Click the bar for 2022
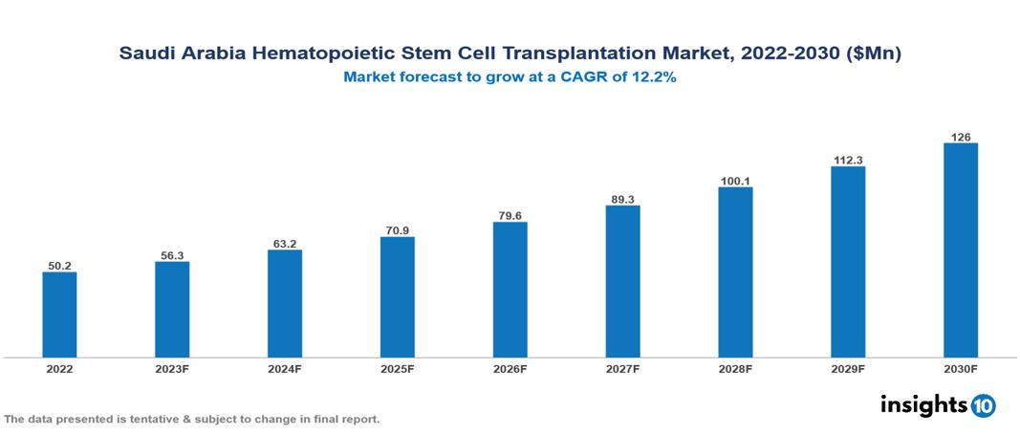point(59,315)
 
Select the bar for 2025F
point(397,296)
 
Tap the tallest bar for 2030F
point(960,250)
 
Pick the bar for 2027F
point(622,281)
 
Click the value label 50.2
point(59,266)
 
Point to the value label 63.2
point(285,244)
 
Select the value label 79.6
point(510,216)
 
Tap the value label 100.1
point(735,181)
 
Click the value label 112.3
point(848,161)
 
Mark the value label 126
point(960,137)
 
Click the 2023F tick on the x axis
point(172,368)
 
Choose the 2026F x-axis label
point(510,368)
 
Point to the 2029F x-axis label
point(848,368)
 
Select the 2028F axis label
point(735,368)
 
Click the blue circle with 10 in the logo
point(983,405)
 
